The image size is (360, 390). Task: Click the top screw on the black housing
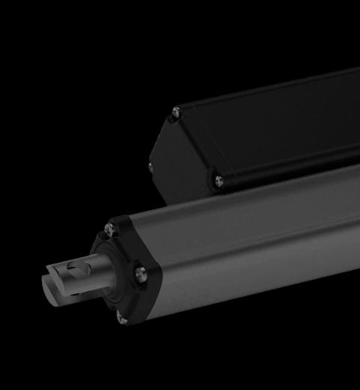[x=176, y=112]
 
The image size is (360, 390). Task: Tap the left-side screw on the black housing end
[x=151, y=167]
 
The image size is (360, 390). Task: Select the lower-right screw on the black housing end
[x=218, y=179]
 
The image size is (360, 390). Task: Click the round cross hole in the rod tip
[x=73, y=268]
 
